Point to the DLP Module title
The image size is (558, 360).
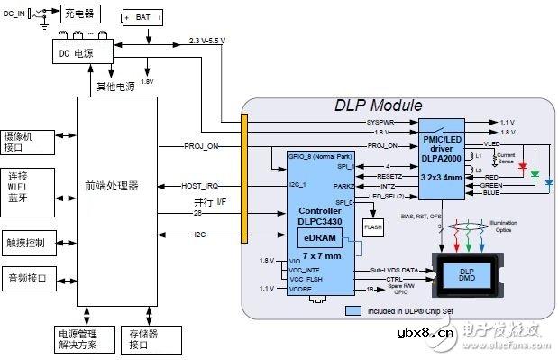(x=373, y=106)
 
